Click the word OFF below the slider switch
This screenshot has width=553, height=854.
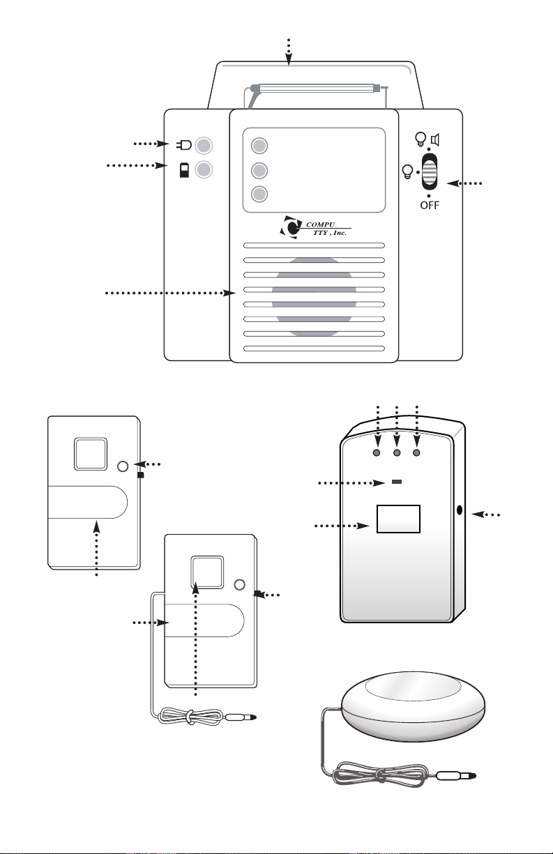(429, 207)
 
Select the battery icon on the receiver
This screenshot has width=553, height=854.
(184, 169)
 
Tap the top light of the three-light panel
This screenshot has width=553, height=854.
(259, 146)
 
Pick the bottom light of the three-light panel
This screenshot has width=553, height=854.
(259, 195)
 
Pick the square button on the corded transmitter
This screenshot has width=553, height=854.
(206, 572)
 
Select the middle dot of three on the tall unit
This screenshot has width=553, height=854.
(397, 452)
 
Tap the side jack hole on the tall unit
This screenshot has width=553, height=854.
(460, 510)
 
